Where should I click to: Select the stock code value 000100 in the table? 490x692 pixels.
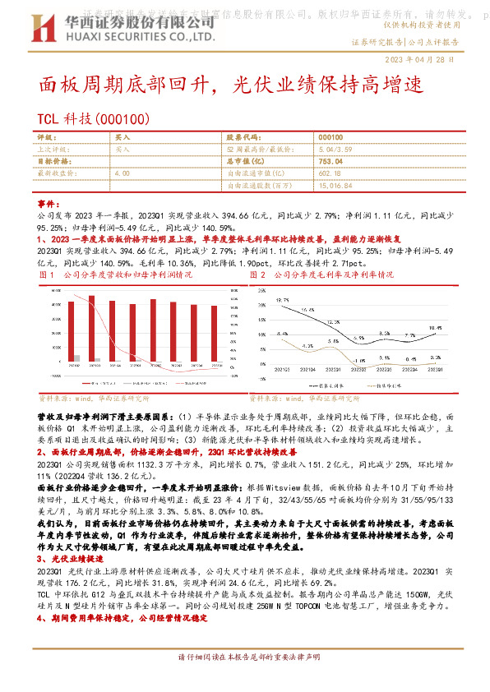point(331,137)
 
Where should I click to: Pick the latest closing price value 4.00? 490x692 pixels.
point(122,173)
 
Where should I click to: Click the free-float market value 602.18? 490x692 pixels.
point(329,173)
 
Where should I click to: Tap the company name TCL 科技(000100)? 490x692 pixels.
point(93,118)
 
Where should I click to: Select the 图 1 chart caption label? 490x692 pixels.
point(46,274)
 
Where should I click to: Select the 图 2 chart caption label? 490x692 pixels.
point(257,274)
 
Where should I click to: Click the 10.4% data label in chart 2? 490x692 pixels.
point(436,326)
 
